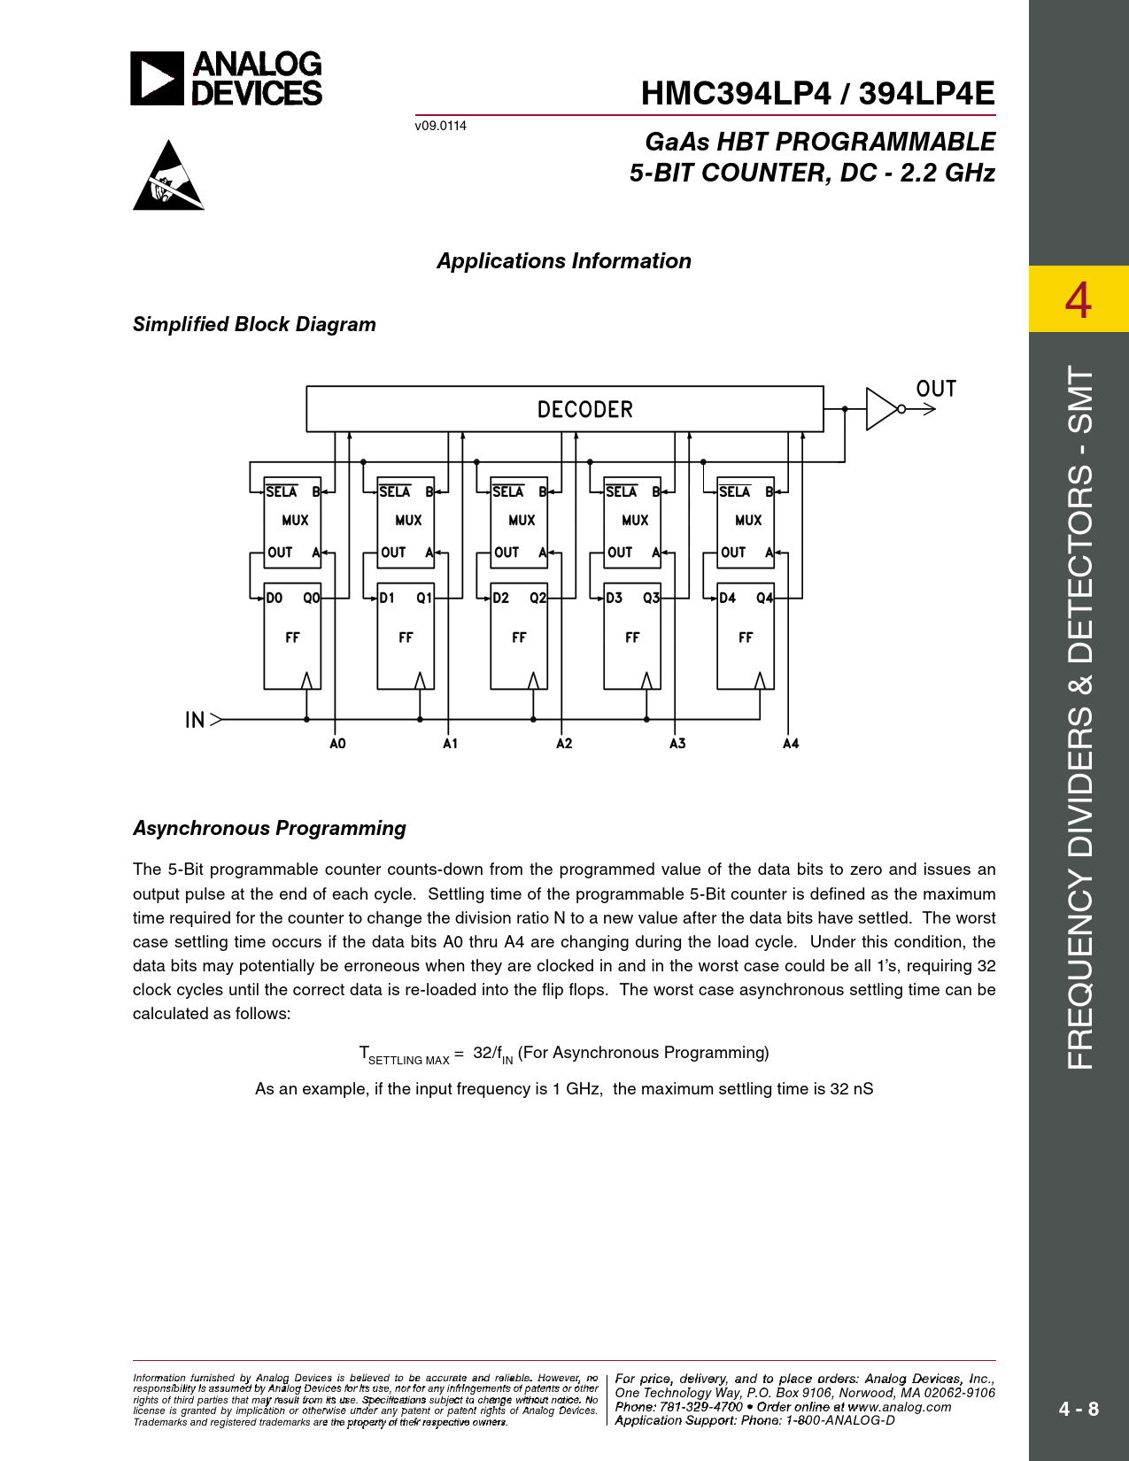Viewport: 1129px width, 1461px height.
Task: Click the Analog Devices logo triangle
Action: (x=157, y=79)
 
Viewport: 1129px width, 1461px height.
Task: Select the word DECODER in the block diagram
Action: (x=584, y=410)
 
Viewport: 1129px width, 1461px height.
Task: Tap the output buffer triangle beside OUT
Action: (x=881, y=409)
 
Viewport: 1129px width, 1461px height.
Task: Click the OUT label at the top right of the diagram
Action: (x=936, y=389)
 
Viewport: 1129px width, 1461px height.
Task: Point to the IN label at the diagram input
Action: (x=195, y=720)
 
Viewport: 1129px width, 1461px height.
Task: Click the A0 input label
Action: (x=337, y=744)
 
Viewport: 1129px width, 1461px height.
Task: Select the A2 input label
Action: (x=564, y=744)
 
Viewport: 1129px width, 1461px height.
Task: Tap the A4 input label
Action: (x=791, y=744)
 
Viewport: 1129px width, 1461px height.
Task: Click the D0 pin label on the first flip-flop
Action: (x=275, y=599)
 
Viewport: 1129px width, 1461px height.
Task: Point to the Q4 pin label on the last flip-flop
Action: (x=764, y=599)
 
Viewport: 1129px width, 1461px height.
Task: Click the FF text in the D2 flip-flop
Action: (x=519, y=638)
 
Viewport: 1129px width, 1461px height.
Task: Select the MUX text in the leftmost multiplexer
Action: (x=295, y=521)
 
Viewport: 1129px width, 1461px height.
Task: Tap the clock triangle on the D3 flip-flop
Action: (x=646, y=680)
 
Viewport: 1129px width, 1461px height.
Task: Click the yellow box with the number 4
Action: (x=1078, y=299)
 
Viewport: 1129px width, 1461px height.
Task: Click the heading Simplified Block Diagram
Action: (x=254, y=324)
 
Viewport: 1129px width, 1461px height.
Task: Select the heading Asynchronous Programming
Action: (x=269, y=828)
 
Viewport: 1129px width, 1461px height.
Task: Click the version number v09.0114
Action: (x=440, y=126)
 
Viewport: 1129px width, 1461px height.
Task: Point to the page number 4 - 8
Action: (x=1079, y=1409)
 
